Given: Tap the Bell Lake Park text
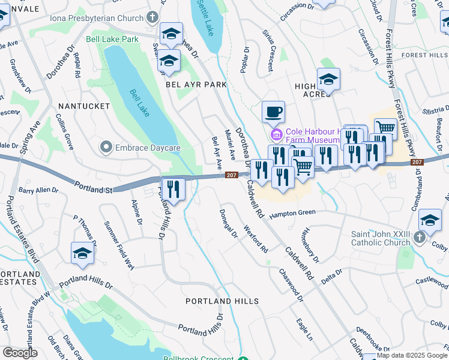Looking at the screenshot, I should click(x=112, y=39).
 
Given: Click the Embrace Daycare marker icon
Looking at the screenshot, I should click(x=106, y=147).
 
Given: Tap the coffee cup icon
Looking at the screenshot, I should click(x=274, y=112).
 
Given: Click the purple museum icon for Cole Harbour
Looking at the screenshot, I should click(x=277, y=133).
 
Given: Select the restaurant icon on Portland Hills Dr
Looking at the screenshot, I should click(x=173, y=190).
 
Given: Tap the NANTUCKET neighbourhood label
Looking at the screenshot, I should click(x=83, y=106).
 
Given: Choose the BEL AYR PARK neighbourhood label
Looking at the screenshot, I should click(x=196, y=85).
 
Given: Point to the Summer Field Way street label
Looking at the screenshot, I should click(x=119, y=247).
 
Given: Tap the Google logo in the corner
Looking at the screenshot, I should click(x=20, y=353).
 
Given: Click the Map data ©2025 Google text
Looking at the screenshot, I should click(x=412, y=355).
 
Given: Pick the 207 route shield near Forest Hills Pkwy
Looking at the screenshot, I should click(x=417, y=163).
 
